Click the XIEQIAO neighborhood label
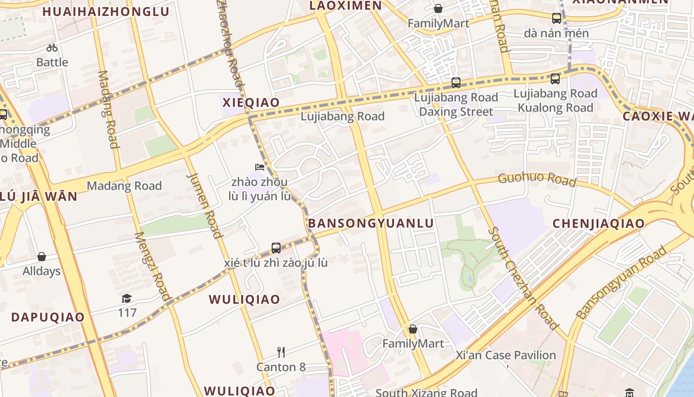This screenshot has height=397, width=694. coord(251,103)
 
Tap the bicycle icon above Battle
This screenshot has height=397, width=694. coord(52,48)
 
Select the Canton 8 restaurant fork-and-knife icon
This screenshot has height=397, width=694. coord(281,352)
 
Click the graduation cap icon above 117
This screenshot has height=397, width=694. coord(127,298)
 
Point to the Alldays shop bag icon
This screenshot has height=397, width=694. coord(42,257)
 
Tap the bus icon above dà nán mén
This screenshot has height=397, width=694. coord(556,18)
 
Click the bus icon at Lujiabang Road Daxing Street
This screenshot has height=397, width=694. coord(456,83)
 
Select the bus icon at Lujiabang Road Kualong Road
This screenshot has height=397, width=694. coord(555,78)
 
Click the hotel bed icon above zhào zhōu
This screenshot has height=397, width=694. coord(259,167)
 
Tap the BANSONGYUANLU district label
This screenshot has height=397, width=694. coord(371,223)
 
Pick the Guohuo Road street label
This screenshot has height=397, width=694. coord(537,179)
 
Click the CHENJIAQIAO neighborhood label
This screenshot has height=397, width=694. coord(598,223)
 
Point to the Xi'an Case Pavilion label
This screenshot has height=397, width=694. coord(506,355)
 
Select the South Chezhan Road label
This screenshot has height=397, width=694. coord(523,278)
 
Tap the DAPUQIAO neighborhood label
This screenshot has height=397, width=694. coord(48,317)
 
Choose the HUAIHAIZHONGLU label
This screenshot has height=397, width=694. coord(106,11)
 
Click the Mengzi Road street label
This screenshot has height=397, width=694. coord(153,266)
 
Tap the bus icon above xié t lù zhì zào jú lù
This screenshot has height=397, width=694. coord(276,248)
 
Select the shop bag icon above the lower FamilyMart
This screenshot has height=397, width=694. coord(412,329)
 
